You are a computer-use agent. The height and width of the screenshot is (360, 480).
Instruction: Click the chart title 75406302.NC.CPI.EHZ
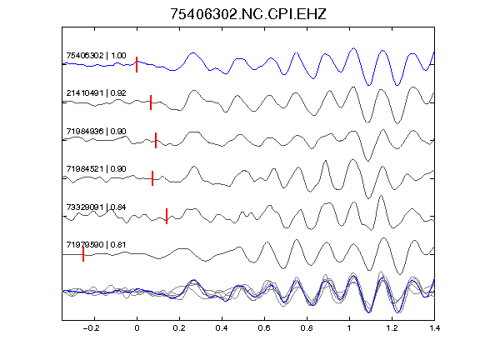248,14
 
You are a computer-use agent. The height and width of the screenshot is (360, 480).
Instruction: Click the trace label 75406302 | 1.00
96,56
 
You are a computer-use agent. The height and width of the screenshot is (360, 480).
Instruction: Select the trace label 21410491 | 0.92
96,93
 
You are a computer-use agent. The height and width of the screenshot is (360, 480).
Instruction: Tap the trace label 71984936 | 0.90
96,132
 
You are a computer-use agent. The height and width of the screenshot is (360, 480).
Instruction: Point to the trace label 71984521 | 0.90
96,169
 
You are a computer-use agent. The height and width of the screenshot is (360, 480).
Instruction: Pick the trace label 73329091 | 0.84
96,207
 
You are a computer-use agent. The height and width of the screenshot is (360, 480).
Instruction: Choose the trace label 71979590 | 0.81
96,245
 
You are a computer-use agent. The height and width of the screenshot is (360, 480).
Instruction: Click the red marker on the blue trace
137,65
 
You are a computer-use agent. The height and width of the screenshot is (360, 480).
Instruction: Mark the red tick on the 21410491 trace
151,102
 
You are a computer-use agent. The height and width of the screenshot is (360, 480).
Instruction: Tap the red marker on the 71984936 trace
156,140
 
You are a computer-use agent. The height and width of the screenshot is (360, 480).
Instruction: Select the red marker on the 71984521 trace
152,178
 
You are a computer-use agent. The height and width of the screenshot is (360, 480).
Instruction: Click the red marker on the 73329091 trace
167,216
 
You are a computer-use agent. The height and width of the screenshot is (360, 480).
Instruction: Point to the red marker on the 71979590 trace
83,254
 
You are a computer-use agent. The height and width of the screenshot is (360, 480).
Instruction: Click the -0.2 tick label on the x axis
91,328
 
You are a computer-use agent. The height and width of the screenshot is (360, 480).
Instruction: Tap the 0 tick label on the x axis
137,328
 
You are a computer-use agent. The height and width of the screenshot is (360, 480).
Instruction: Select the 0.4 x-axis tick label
222,328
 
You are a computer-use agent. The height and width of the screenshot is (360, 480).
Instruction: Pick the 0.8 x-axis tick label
307,328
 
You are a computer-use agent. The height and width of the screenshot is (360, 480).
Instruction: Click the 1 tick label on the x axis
349,328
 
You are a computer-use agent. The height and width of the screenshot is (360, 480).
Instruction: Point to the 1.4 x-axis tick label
435,328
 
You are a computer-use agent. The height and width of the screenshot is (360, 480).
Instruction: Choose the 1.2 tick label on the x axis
392,328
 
